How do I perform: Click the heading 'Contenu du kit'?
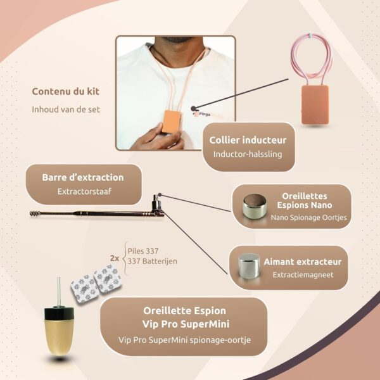66,91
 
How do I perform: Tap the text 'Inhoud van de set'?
66,110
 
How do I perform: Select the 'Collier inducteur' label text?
248,140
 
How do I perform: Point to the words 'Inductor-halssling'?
248,154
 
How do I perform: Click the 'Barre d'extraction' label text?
83,177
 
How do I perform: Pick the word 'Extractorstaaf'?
84,191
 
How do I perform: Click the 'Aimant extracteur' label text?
303,262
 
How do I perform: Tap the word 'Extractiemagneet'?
303,275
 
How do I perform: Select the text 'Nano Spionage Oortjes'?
309,217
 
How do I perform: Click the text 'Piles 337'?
143,251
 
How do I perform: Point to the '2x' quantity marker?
115,258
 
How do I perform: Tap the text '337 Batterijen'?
152,261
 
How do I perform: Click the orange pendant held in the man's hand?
172,122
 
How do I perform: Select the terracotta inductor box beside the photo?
315,104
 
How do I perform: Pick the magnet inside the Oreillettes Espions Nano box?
255,206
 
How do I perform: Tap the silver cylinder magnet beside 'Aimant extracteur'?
249,266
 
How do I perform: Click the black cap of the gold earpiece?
59,313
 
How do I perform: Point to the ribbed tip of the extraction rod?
35,213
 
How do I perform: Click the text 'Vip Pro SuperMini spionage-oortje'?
185,339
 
